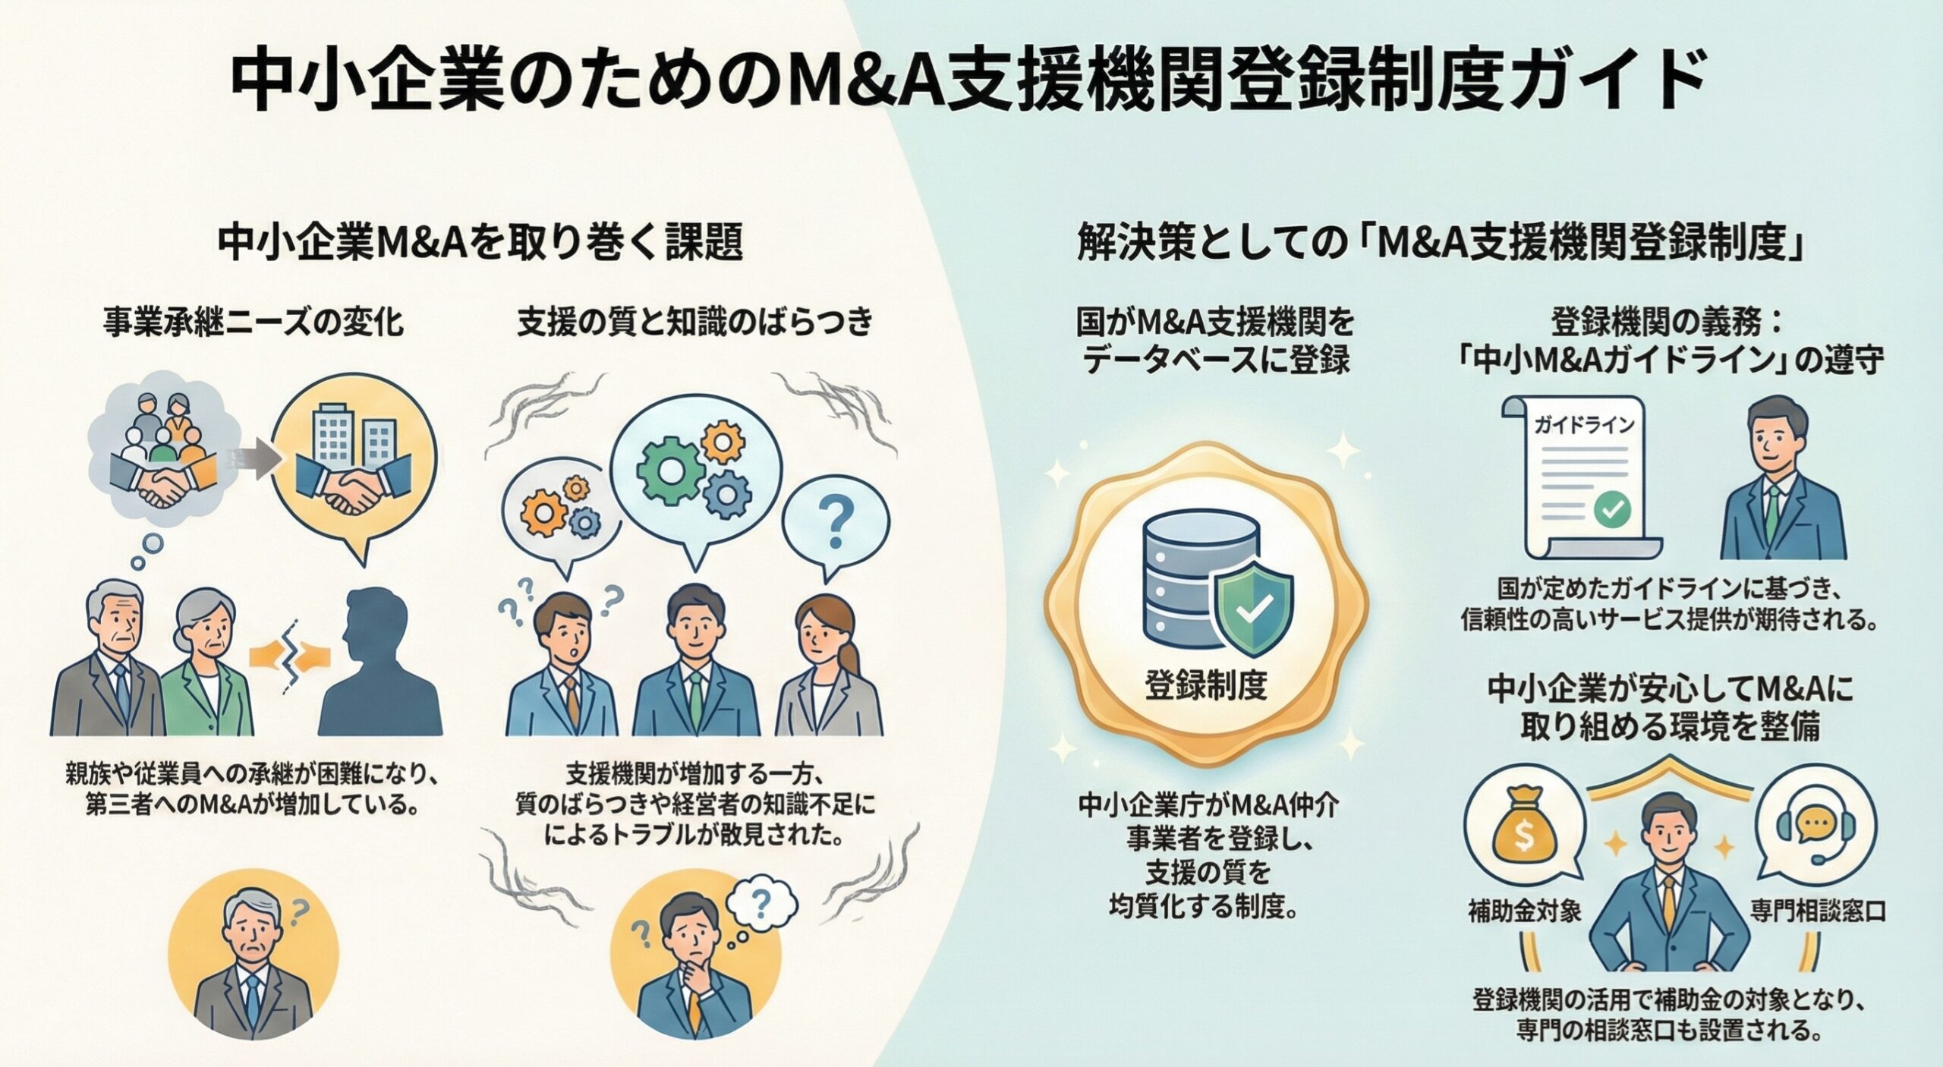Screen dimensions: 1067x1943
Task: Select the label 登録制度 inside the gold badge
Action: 1205,686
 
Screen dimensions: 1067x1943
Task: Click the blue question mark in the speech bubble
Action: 836,524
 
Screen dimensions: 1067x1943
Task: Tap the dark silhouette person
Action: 379,668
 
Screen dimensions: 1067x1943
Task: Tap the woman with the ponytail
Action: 827,668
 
